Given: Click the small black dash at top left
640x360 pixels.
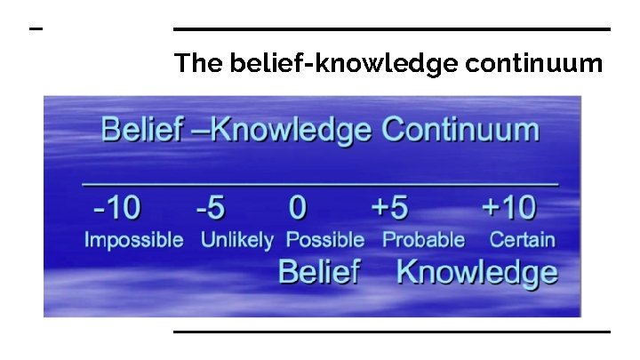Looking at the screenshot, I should (36, 29).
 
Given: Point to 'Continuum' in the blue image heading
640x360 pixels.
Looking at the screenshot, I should (460, 130).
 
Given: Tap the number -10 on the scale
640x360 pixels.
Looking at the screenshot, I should (116, 208).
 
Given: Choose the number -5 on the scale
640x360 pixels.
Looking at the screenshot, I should (211, 208).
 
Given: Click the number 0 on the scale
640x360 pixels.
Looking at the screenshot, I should (298, 208).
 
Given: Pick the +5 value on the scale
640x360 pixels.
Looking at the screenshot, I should (389, 208).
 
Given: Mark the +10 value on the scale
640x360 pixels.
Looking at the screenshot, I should (508, 208).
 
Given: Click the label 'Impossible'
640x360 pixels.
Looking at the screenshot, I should (133, 240).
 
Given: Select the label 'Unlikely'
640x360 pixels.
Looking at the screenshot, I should (236, 240).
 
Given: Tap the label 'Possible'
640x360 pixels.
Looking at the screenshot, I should (324, 240).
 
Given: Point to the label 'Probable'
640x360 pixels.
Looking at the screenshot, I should (423, 240).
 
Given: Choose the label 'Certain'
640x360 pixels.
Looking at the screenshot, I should (522, 240).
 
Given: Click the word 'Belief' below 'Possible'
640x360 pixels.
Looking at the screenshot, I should (318, 271).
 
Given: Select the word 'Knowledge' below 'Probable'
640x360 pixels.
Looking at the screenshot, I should (476, 271).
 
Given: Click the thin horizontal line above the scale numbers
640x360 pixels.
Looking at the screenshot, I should (320, 184).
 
